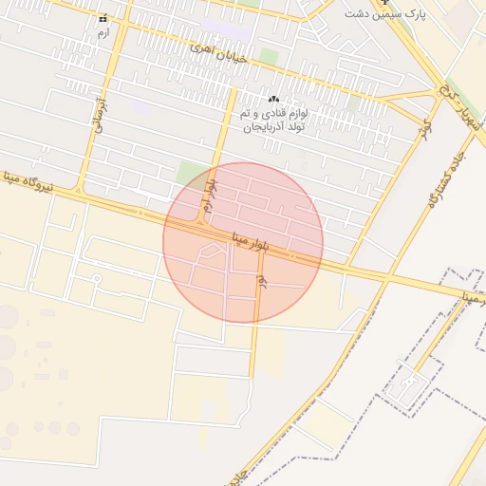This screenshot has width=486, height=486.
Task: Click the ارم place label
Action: pos(103,33)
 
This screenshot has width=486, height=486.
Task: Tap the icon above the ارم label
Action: pos(103,18)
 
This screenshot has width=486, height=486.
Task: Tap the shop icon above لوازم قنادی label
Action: pos(274,99)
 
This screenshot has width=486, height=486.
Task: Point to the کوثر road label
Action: pos(426,124)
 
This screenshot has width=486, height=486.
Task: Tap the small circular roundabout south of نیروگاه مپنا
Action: pos(96,278)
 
